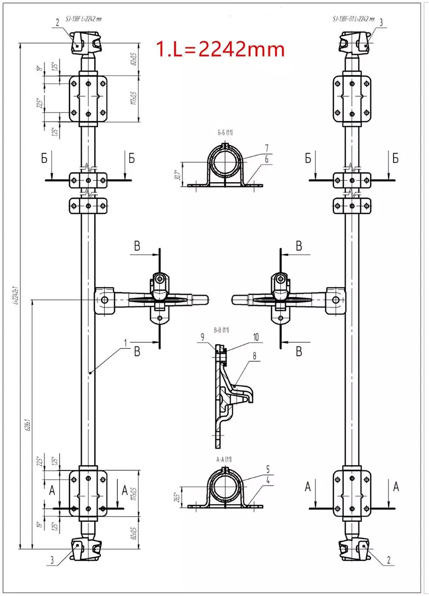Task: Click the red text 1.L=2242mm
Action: pos(220,49)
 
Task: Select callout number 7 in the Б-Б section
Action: pos(266,148)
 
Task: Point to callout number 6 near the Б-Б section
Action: pos(266,159)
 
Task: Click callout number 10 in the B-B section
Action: pos(256,337)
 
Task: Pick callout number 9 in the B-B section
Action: pos(202,337)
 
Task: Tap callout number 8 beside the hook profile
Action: pos(254,356)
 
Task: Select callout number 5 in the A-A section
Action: pos(268,469)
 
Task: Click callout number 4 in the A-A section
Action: pos(268,480)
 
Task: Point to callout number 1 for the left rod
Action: pos(126,343)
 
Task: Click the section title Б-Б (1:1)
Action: pos(225,133)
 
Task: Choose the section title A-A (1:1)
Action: pos(224,459)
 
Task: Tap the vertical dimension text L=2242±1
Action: pos(15,295)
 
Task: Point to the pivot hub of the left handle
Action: pos(104,299)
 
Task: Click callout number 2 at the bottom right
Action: pos(389,560)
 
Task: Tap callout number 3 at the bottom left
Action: pos(52,560)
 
